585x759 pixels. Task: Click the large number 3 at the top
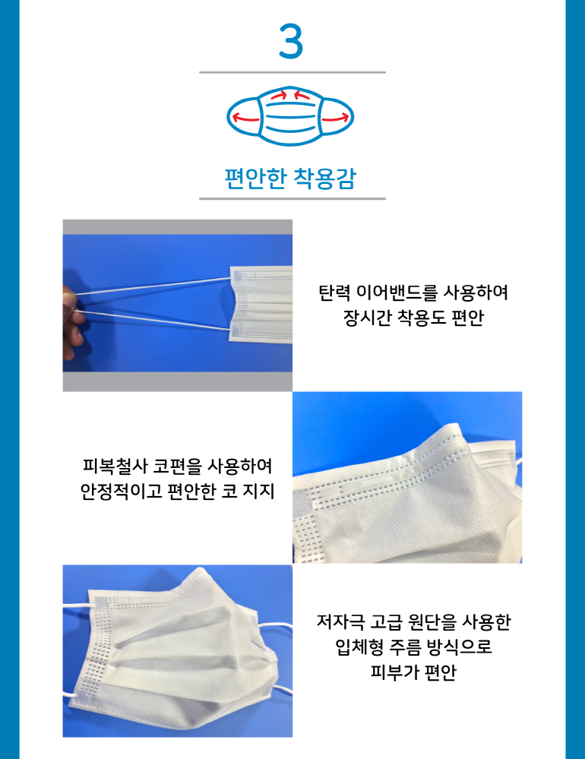pyautogui.click(x=291, y=42)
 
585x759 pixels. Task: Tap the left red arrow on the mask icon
pyautogui.click(x=246, y=118)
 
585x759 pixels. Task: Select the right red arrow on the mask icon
pyautogui.click(x=335, y=118)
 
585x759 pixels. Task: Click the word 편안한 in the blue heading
pyautogui.click(x=256, y=178)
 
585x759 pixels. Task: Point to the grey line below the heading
pyautogui.click(x=292, y=198)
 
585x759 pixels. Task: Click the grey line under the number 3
pyautogui.click(x=292, y=72)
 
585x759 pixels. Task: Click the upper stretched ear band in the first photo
pyautogui.click(x=152, y=286)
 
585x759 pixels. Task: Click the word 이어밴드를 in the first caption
pyautogui.click(x=397, y=293)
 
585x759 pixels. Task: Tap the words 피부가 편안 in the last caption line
pyautogui.click(x=414, y=672)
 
